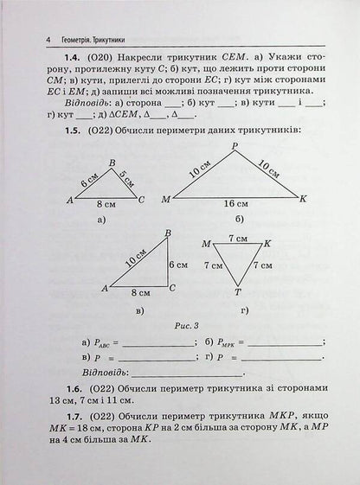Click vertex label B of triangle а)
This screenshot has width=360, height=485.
(112, 162)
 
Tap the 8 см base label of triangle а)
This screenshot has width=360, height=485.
(103, 206)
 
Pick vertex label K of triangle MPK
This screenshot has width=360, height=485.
(304, 200)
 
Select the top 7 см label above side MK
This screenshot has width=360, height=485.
(237, 236)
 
